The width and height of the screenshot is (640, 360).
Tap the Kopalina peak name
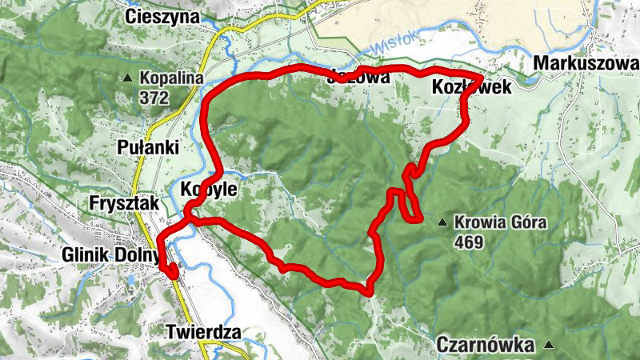172,78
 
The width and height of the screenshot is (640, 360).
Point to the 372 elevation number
154,98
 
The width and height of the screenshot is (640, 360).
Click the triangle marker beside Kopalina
128,78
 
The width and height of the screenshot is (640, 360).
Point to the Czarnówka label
486,345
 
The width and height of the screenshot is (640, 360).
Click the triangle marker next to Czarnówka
549,345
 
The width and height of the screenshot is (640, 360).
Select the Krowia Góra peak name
500,222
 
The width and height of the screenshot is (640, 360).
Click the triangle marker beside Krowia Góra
442,222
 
